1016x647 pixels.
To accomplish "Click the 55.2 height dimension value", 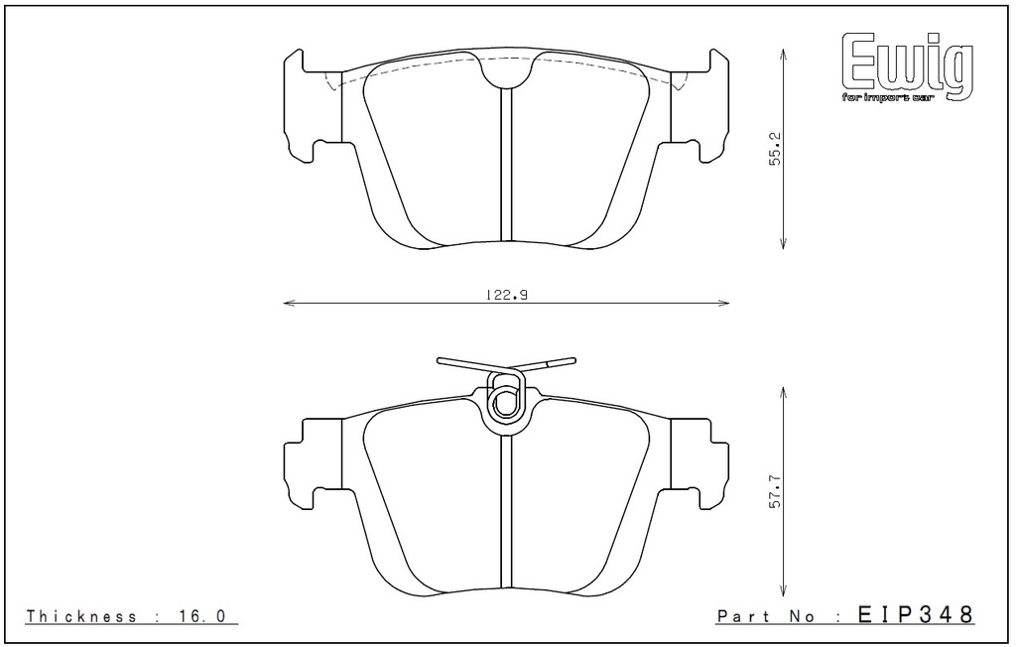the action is pos(776,149).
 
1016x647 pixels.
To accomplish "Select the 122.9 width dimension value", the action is pos(506,295).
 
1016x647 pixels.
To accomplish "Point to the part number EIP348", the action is pos(916,614).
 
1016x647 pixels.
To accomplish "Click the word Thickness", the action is pos(81,616).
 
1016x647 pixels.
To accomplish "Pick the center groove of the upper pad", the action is pos(506,165).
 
